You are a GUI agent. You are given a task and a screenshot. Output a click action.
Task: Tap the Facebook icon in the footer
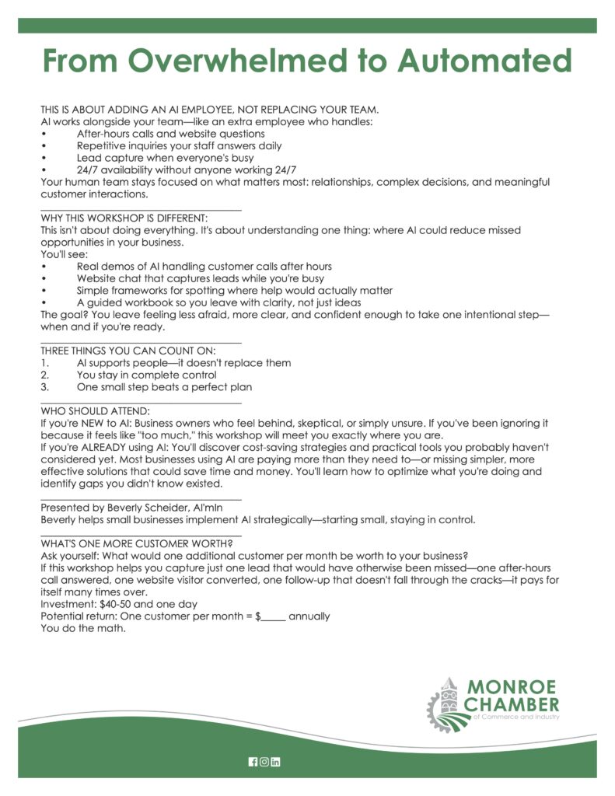tap(253, 761)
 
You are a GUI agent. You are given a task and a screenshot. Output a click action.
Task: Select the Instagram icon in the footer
tap(264, 761)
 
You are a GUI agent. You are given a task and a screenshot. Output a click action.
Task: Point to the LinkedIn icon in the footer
tap(275, 761)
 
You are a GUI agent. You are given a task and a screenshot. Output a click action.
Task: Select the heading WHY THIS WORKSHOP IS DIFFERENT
tap(124, 218)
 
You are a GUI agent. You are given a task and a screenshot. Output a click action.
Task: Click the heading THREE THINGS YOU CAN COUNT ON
tap(128, 351)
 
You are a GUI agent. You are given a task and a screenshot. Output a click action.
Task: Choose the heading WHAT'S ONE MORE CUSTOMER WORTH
tap(136, 543)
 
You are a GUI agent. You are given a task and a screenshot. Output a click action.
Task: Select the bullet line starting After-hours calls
tap(170, 134)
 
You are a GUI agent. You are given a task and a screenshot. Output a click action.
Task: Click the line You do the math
tap(82, 628)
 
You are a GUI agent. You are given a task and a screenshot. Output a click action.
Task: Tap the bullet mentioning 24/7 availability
tap(186, 169)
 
